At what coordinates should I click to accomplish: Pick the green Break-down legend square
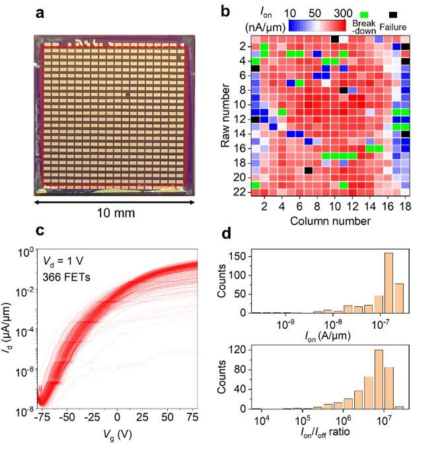[x=363, y=14]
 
